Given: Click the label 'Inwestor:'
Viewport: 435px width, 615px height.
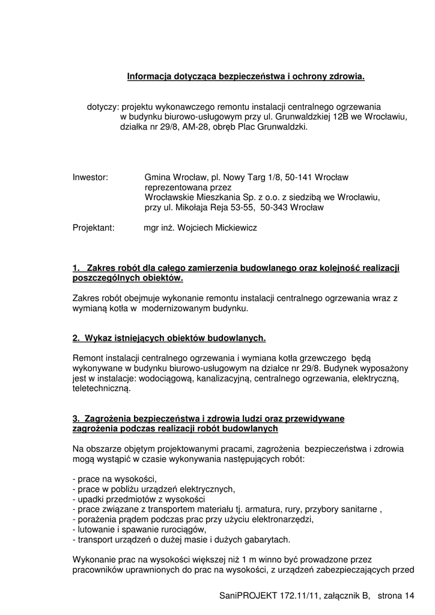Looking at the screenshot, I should pos(90,178).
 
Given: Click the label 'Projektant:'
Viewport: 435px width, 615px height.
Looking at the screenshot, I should pos(93,228).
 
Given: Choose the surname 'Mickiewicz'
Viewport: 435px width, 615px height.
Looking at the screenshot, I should pos(234,228).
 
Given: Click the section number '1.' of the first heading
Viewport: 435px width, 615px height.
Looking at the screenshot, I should pos(76,268).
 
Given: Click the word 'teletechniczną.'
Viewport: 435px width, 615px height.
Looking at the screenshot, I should pos(101,388).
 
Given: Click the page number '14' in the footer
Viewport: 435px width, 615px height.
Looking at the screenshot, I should pos(410,596).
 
